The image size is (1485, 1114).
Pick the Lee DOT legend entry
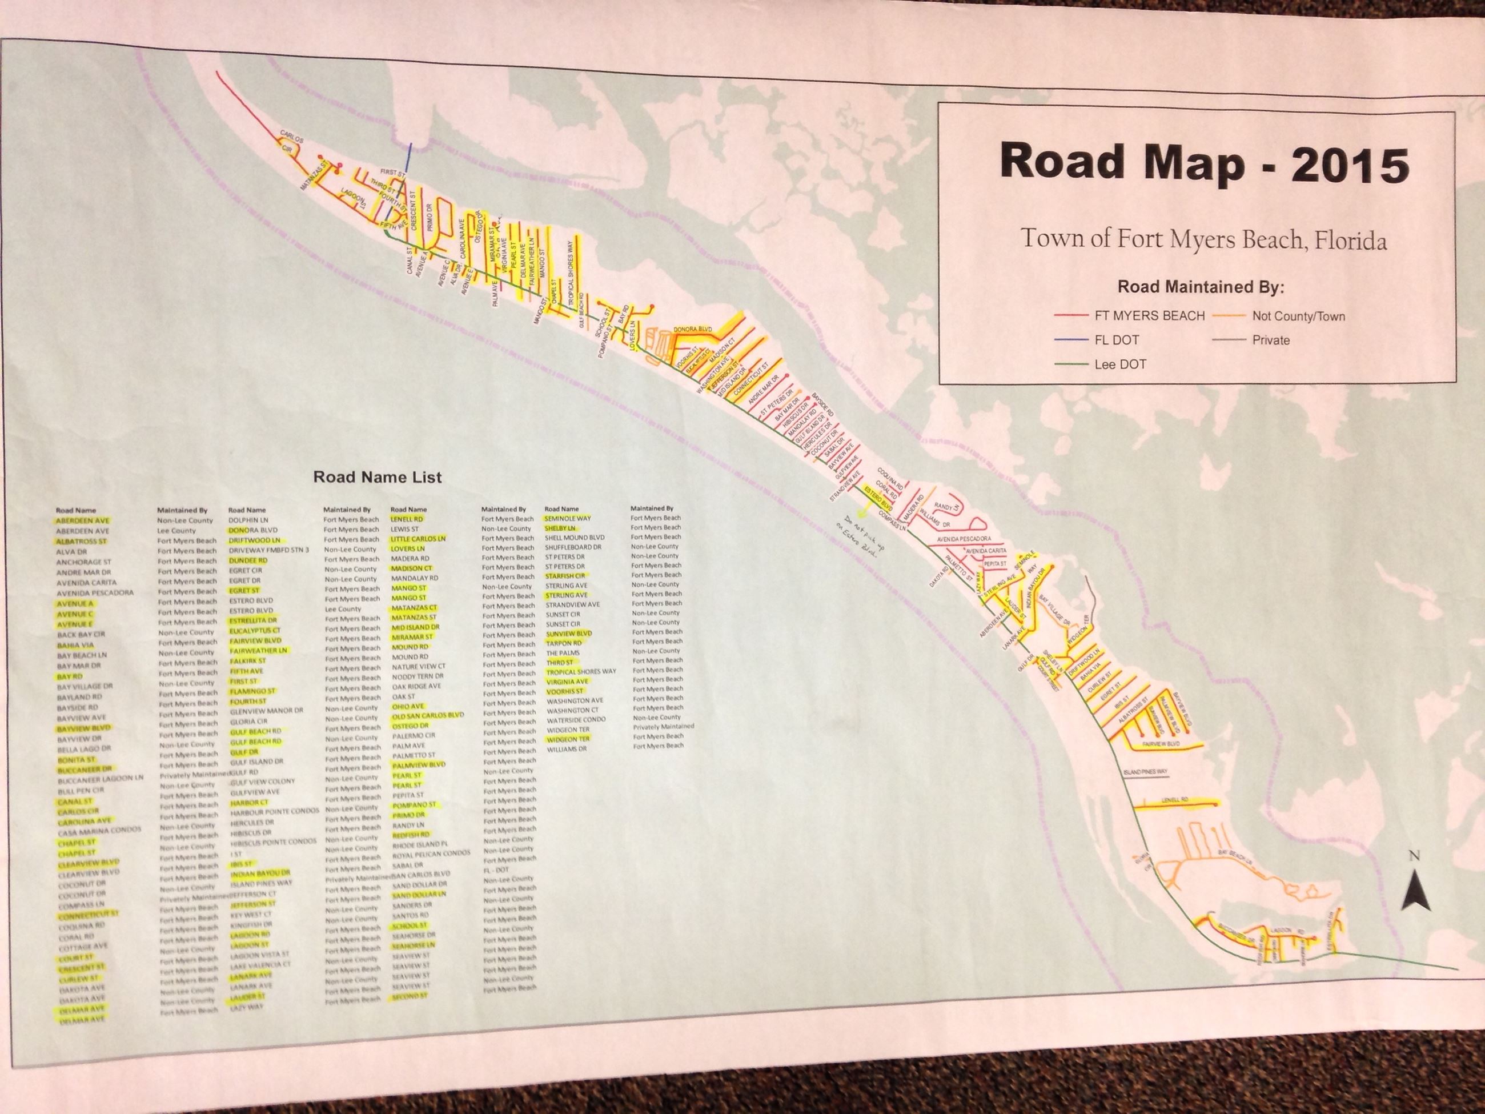(1120, 364)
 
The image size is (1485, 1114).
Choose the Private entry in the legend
(1270, 340)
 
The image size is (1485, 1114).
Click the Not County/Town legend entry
(1298, 316)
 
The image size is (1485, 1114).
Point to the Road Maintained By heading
(1201, 287)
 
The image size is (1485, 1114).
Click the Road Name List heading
(378, 478)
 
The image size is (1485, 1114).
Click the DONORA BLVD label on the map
(692, 330)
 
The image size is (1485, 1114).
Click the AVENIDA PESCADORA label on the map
(964, 539)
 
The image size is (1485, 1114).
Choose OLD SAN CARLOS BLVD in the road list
(428, 716)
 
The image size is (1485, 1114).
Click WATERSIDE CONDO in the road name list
(576, 720)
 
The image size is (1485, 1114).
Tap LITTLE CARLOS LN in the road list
(418, 539)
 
